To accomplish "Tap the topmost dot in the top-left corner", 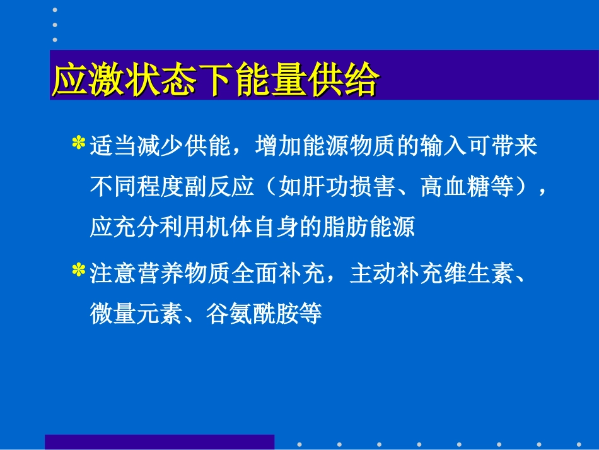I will point(55,10).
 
